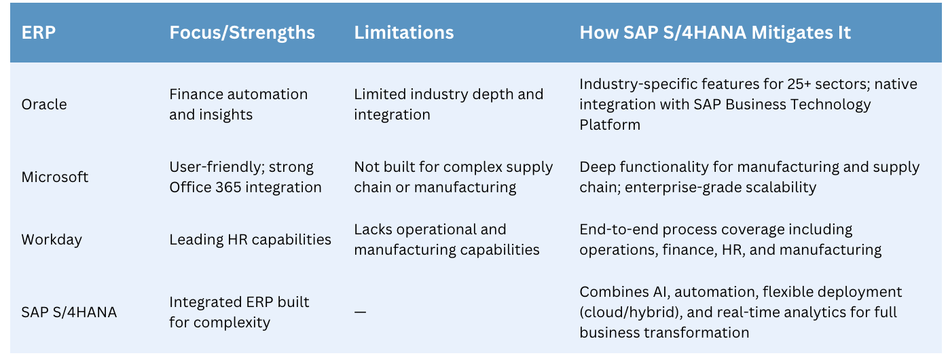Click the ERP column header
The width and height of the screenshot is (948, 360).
click(39, 33)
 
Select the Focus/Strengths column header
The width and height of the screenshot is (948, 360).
click(242, 33)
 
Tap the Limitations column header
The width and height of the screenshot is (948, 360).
click(404, 33)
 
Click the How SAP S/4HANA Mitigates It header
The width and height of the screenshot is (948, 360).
click(715, 33)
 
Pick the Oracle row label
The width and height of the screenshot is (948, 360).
click(44, 104)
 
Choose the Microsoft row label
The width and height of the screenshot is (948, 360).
click(54, 177)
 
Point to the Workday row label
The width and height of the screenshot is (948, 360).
click(52, 240)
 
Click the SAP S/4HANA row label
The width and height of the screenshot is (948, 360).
click(69, 312)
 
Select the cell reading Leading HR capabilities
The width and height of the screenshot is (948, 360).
click(250, 240)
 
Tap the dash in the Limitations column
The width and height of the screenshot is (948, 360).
click(360, 312)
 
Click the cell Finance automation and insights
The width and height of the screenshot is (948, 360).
click(238, 104)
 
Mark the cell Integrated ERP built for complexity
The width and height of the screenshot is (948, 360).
click(239, 312)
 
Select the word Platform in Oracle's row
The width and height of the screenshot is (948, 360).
click(610, 125)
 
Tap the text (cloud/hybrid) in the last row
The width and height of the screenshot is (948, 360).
click(631, 312)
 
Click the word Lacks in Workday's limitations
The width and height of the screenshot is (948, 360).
click(372, 229)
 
